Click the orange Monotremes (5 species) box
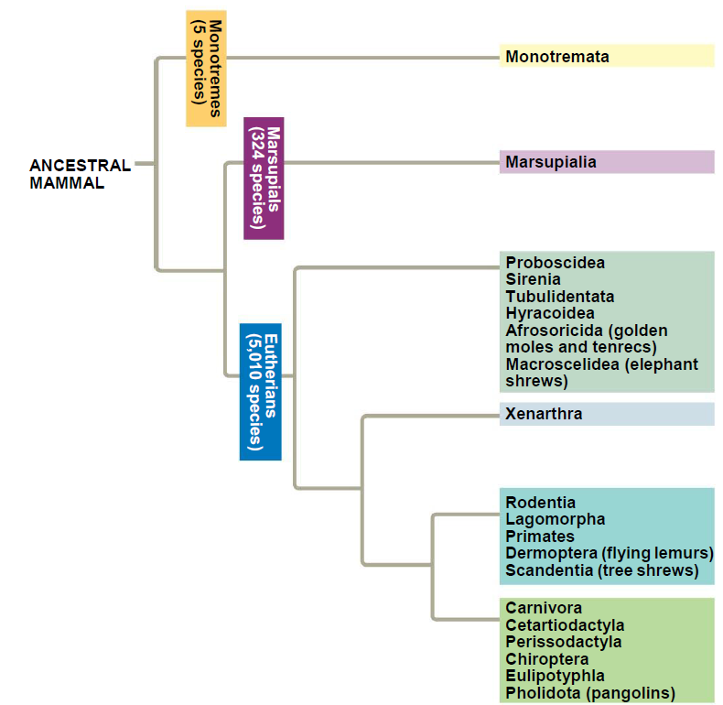pos(206,69)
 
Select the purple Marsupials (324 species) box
pos(264,179)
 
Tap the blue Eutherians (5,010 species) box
pos(261,392)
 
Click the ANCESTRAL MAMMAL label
pos(81,174)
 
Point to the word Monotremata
pos(557,57)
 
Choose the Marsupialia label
pos(551,162)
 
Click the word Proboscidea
pos(555,263)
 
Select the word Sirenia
pos(533,279)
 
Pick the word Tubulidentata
pos(560,297)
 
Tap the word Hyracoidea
pos(550,313)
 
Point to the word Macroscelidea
pos(563,364)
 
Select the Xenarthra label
pos(544,414)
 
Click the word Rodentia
pos(540,503)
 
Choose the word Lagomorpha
pos(556,519)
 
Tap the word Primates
pos(540,537)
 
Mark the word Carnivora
pos(544,608)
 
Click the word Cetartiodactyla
pos(565,625)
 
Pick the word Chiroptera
pos(547,659)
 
